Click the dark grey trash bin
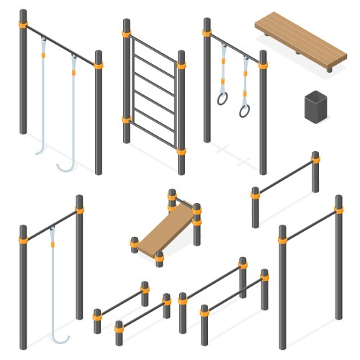(315, 107)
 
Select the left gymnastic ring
(223, 98)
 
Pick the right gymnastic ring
(246, 110)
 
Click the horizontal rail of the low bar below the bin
(285, 180)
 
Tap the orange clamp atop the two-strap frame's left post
(23, 27)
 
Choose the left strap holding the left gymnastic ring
(224, 68)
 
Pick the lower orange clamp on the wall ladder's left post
(127, 120)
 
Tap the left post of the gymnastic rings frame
(207, 86)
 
